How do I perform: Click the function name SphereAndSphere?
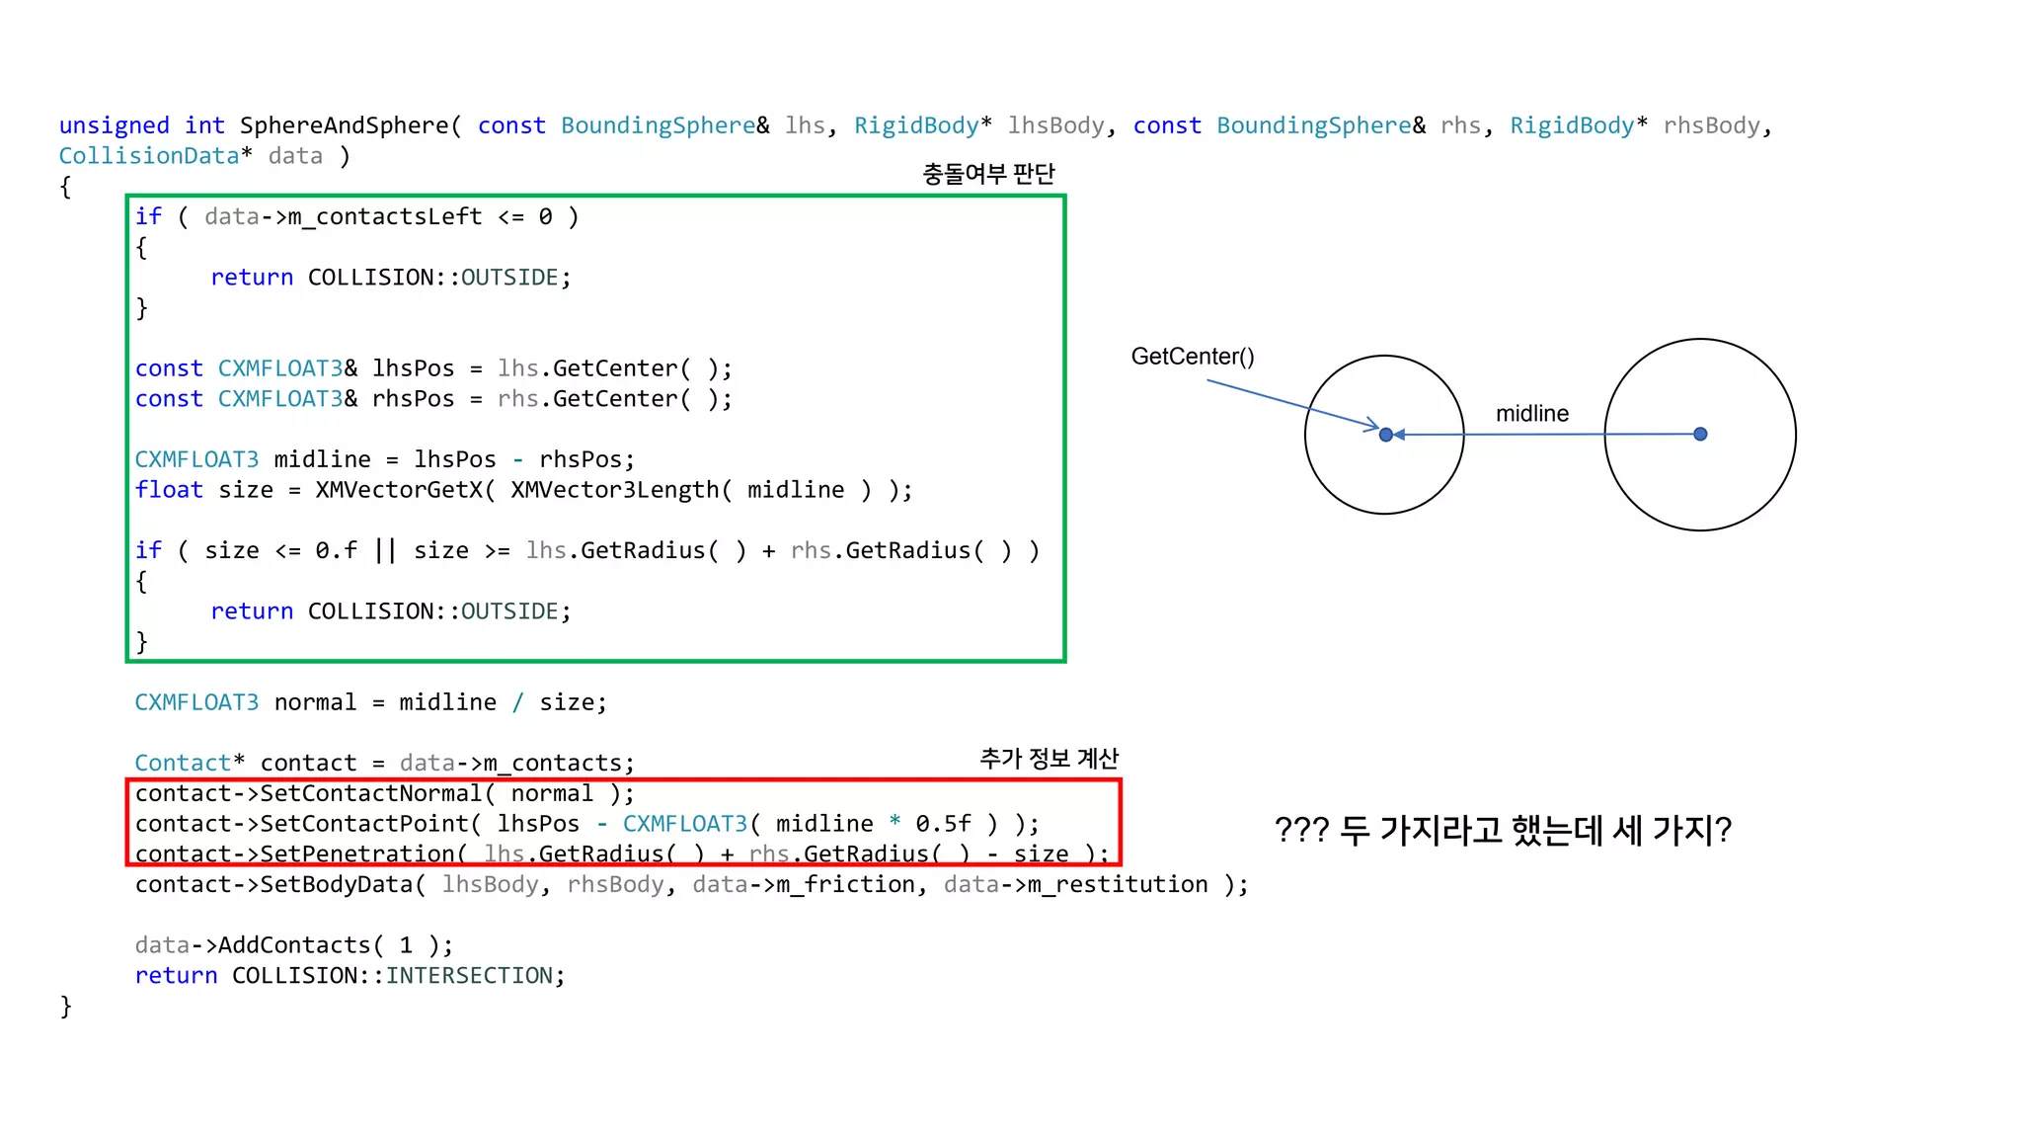coord(345,125)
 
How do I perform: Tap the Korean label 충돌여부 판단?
coord(988,174)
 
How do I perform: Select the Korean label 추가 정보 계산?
coord(1049,759)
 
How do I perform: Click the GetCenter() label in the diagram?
coord(1192,357)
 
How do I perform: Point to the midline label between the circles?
coord(1531,414)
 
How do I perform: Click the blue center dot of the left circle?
coord(1386,435)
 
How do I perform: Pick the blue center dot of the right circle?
coord(1700,434)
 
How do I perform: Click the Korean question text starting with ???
coord(1502,830)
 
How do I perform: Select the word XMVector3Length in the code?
coord(614,490)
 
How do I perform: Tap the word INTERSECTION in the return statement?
coord(469,976)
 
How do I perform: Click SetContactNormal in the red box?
coord(371,793)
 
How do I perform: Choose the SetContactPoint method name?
coord(364,824)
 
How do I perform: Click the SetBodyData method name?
coord(337,884)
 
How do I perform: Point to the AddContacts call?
coord(294,945)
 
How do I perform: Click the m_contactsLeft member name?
coord(385,216)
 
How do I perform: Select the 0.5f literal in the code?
coord(943,824)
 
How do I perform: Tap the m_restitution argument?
coord(1118,884)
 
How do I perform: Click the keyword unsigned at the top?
coord(114,125)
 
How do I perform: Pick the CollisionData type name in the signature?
coord(149,156)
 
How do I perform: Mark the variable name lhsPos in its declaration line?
coord(413,368)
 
